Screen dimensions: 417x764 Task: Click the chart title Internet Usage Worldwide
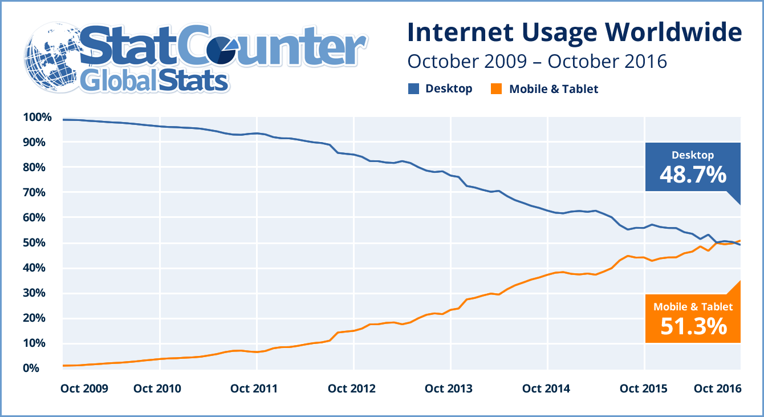point(574,33)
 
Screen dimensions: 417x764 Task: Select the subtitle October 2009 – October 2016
point(537,61)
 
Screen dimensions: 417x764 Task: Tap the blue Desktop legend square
point(413,89)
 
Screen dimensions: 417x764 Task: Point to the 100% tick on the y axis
point(38,118)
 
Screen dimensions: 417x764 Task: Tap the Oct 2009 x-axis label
point(84,389)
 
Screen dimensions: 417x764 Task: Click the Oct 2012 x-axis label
point(352,389)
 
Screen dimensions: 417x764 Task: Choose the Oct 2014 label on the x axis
point(546,389)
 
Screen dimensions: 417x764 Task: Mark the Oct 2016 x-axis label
point(717,389)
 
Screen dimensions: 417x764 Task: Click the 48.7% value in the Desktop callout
point(693,174)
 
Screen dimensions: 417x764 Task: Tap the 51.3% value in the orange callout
point(693,326)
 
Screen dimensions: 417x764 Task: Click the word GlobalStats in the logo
point(154,81)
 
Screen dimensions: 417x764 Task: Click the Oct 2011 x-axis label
point(255,389)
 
